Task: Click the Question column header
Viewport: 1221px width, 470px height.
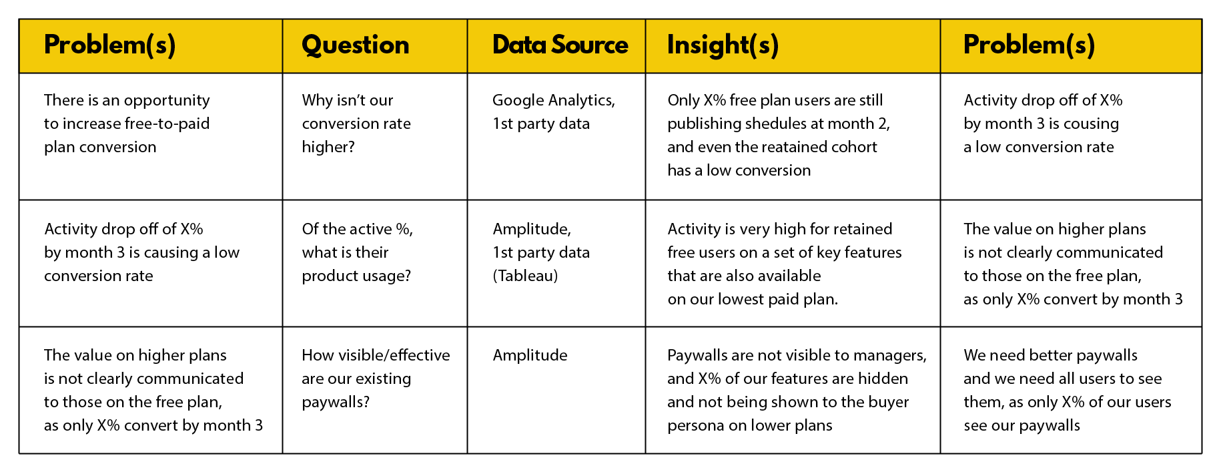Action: [356, 45]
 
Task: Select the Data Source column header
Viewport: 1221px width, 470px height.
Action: [560, 45]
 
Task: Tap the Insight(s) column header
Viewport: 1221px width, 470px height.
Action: [723, 45]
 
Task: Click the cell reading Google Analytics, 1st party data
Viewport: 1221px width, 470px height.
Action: [556, 136]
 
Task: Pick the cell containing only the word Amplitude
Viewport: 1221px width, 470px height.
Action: [556, 390]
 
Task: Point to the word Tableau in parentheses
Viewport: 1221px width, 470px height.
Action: [525, 276]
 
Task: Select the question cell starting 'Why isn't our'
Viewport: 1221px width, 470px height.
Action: [375, 136]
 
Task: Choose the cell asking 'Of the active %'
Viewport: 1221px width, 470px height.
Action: [375, 263]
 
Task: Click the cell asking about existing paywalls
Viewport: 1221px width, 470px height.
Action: [375, 390]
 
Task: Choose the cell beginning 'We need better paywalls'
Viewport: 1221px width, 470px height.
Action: [1071, 390]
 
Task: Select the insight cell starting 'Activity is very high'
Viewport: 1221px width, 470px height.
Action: [793, 263]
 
